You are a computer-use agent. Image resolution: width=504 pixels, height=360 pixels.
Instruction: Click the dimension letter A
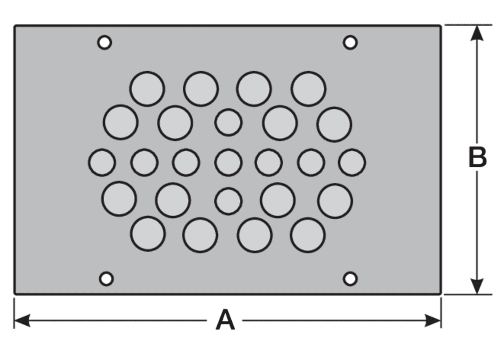coord(225,320)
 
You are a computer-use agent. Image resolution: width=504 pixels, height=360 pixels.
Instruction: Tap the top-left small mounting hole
coord(104,42)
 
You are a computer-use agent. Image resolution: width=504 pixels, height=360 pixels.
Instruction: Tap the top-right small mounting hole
coord(350,42)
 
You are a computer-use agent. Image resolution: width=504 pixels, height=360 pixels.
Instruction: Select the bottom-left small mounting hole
coord(106,279)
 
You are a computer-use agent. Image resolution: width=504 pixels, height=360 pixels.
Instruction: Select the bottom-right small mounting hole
coord(350,279)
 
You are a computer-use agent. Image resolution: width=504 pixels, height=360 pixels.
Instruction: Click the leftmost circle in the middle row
coord(102,162)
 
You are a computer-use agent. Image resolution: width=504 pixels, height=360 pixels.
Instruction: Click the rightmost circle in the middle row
coord(352,162)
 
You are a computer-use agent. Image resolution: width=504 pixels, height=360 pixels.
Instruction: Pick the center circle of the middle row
coord(228,162)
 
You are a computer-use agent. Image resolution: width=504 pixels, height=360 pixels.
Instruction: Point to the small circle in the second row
coord(228,122)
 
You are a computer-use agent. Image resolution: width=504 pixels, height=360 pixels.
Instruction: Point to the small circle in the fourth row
coord(228,201)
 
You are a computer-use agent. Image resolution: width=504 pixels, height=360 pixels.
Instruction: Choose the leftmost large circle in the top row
coord(147,89)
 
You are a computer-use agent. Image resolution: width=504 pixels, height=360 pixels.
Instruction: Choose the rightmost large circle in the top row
coord(308,89)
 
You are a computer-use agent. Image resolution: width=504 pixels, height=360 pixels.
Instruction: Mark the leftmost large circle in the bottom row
coord(148,234)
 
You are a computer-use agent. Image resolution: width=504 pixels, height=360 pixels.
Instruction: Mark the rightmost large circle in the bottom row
coord(308,235)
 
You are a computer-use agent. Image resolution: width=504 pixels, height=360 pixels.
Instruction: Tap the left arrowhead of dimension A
coord(22,320)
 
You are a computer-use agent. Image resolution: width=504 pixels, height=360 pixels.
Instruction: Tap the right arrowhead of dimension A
coord(433,320)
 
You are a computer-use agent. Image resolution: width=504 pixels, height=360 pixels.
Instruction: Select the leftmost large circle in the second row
coord(120,122)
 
